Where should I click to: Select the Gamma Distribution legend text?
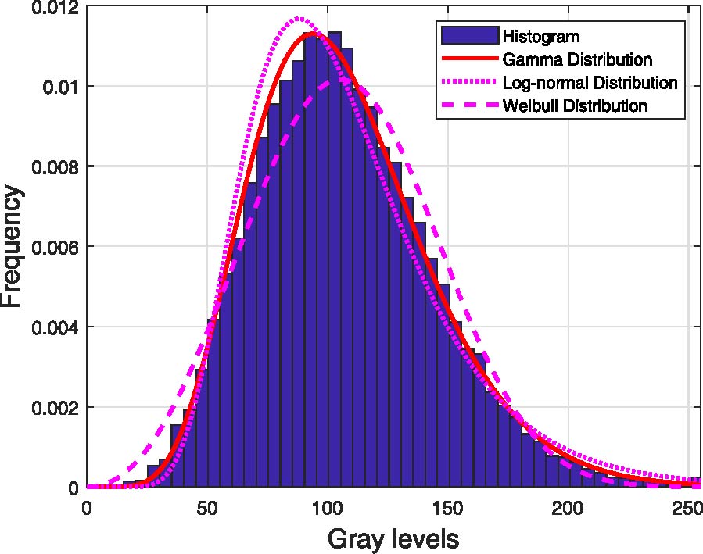click(x=578, y=59)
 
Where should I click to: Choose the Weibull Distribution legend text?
click(x=575, y=105)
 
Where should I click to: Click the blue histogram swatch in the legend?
click(x=469, y=36)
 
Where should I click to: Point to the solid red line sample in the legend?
click(x=469, y=59)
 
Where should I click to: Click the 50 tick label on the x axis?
click(x=207, y=507)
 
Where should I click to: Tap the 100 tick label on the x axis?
click(x=328, y=507)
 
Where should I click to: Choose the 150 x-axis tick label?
click(x=448, y=507)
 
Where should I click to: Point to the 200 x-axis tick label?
click(x=568, y=507)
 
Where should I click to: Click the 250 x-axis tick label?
click(x=688, y=507)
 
